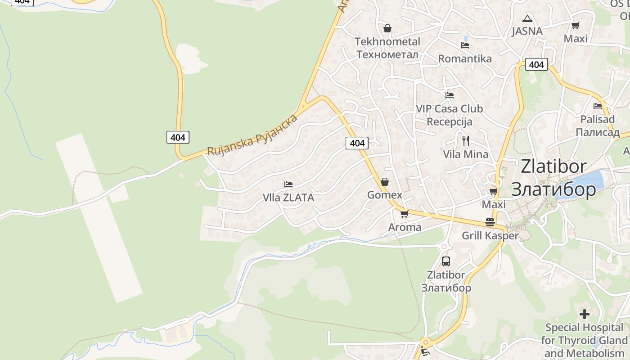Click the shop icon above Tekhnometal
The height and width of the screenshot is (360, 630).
coord(387,29)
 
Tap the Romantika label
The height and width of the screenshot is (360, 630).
coord(465,58)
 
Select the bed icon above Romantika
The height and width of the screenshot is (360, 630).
coord(465,45)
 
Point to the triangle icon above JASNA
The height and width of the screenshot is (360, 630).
coord(527,19)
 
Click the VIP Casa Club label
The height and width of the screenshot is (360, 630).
coord(449,109)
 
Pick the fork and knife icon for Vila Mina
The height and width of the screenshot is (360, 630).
coord(466,141)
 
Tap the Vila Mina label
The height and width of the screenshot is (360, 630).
coord(465,154)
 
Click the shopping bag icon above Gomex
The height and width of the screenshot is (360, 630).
coord(385,182)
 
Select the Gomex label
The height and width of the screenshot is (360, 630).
coord(385,195)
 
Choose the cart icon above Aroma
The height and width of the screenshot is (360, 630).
coord(404,214)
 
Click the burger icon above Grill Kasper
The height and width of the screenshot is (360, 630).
coord(490,222)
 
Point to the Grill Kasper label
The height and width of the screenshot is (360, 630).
coord(490,235)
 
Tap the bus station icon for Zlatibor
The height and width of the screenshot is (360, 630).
coord(446,261)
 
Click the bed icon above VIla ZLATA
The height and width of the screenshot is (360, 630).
coord(288,184)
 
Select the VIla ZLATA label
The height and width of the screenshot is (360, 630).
coord(288,198)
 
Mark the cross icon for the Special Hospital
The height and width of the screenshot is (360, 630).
coord(584,314)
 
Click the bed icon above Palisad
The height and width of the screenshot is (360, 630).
coord(598,106)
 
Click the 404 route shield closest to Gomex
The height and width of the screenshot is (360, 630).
coord(357,143)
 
